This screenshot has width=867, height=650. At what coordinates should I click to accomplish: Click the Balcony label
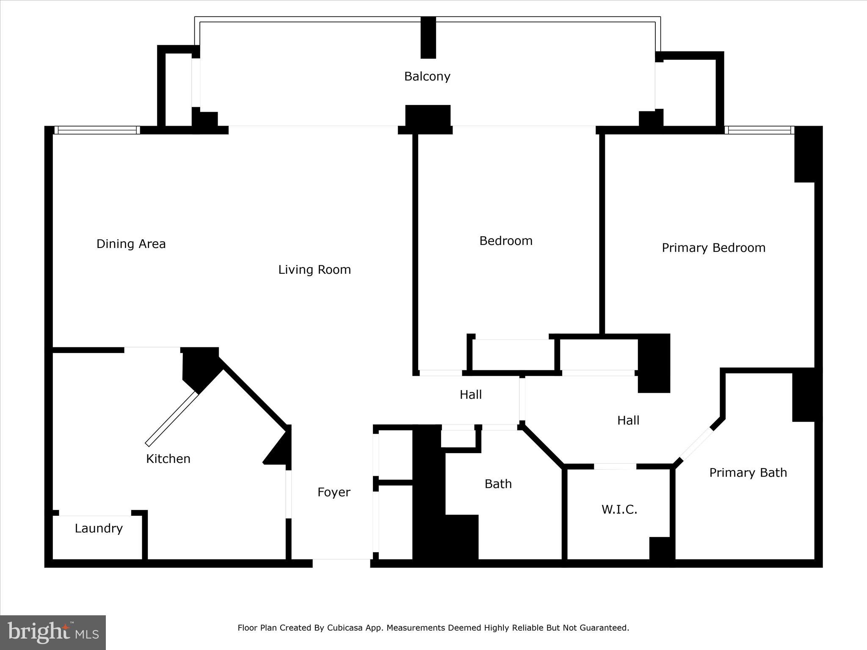[427, 77]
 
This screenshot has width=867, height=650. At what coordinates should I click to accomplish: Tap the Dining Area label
[131, 244]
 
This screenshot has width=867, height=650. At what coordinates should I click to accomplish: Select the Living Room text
[315, 270]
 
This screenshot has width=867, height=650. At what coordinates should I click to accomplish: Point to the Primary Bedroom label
[714, 248]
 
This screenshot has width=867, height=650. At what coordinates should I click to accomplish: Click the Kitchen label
[168, 459]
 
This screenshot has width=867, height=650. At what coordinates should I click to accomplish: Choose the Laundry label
[99, 529]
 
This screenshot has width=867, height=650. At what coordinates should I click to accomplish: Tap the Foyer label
[334, 493]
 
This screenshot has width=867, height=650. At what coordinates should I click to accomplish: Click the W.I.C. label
[619, 510]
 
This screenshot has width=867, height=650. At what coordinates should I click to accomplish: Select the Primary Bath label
[748, 473]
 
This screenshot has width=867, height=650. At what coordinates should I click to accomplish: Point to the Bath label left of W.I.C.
[498, 484]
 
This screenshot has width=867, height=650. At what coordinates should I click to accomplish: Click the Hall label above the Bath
[471, 395]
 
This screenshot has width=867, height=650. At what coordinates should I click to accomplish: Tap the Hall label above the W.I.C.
[628, 421]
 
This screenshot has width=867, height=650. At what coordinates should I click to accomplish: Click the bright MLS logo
[53, 632]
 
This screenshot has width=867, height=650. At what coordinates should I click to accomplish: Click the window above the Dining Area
[97, 130]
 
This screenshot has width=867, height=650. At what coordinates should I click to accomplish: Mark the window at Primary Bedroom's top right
[759, 130]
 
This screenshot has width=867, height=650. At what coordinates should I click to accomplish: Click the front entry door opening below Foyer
[342, 563]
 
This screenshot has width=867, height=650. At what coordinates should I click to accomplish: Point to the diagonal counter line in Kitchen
[172, 419]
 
